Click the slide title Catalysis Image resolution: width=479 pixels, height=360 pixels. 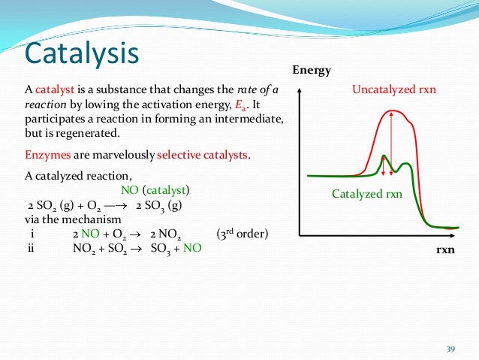(82, 53)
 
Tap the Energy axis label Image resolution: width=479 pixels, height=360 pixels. (312, 71)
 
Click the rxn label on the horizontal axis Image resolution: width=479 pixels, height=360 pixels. (446, 249)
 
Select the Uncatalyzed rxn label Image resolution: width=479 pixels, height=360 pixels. (394, 90)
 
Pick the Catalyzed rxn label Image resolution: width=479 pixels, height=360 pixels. (367, 194)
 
